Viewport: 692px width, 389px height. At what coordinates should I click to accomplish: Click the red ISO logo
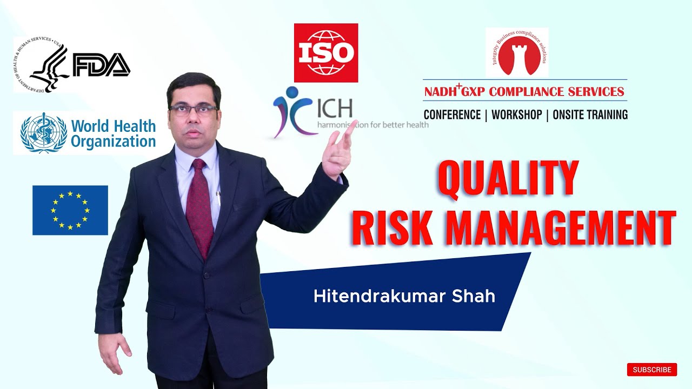(x=326, y=53)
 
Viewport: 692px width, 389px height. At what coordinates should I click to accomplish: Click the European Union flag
(x=70, y=210)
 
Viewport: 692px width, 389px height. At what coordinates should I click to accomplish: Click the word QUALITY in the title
(x=507, y=178)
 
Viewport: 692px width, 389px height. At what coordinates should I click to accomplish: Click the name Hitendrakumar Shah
(x=404, y=296)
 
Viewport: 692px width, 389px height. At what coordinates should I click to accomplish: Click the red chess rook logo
(x=517, y=53)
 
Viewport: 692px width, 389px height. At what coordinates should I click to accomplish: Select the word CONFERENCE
(x=452, y=115)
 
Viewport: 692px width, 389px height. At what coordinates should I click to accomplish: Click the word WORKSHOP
(x=516, y=115)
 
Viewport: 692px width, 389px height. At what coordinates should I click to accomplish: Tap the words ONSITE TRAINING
(x=590, y=115)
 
